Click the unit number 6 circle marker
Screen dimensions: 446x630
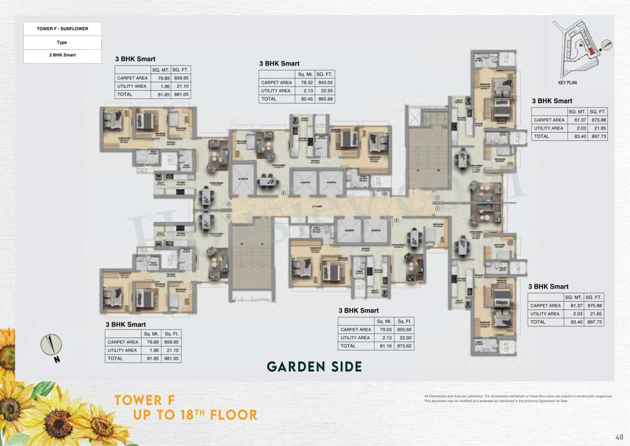click(x=283, y=193)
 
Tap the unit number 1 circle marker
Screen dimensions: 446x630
click(x=437, y=208)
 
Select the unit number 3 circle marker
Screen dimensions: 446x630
click(x=228, y=204)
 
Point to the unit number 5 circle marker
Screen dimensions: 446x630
click(x=396, y=221)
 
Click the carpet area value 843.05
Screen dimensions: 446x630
click(x=324, y=83)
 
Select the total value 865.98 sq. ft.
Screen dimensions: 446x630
click(x=324, y=99)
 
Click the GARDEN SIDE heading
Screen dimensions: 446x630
click(x=314, y=367)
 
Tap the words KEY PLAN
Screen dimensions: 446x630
click(x=567, y=83)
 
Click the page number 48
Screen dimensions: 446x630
click(x=619, y=437)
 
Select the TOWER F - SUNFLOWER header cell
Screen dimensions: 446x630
click(x=63, y=29)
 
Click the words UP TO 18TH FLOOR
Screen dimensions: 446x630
click(x=195, y=415)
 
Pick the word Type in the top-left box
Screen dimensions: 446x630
click(x=62, y=42)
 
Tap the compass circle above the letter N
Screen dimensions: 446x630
click(x=51, y=344)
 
